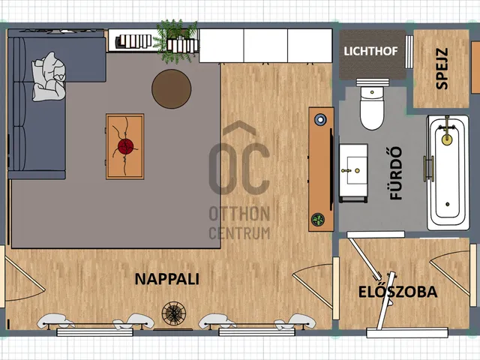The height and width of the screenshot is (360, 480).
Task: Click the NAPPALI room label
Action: (x=166, y=279)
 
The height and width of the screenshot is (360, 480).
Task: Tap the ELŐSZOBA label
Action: (x=397, y=292)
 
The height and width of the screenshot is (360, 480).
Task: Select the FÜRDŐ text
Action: (x=396, y=173)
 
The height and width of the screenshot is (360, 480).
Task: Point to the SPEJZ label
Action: (x=442, y=68)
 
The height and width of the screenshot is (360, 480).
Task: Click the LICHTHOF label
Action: (x=370, y=51)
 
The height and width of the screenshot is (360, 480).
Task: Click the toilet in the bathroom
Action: (x=372, y=105)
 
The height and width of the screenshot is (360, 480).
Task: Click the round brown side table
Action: (x=172, y=88)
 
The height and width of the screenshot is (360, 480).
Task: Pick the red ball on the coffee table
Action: (x=125, y=147)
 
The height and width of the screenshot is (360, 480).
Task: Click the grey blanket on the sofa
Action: (x=49, y=76)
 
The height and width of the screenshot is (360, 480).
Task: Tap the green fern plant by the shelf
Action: (x=176, y=41)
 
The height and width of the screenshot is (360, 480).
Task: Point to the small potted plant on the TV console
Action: (x=318, y=220)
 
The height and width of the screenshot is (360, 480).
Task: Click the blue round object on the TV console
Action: (x=320, y=119)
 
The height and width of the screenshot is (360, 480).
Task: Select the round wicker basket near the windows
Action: (x=173, y=313)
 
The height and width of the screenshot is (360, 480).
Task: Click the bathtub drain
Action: (x=448, y=204)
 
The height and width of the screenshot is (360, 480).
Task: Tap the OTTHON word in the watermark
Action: (x=239, y=214)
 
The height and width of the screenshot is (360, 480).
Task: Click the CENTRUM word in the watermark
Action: (x=239, y=233)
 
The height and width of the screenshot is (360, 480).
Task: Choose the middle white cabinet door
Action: (x=265, y=46)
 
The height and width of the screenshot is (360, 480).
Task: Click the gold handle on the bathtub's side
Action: (x=428, y=169)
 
